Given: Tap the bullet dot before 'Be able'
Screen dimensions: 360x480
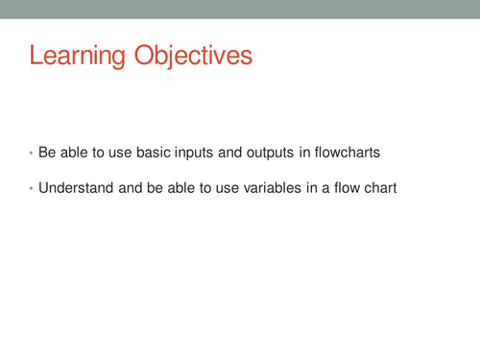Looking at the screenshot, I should (31, 154).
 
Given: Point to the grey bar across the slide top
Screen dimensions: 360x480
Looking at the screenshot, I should (240, 9).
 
